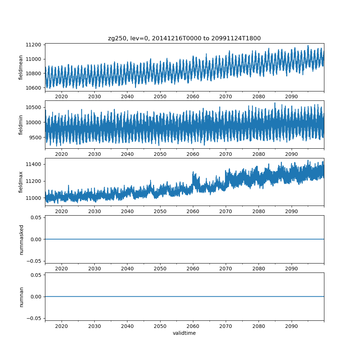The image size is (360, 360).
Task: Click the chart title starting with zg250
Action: click(x=184, y=38)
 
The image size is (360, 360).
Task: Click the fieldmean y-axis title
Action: click(x=21, y=67)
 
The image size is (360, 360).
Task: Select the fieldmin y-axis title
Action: click(x=21, y=125)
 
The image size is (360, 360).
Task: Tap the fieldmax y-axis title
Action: click(x=21, y=182)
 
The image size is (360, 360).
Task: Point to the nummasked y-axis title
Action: click(x=21, y=239)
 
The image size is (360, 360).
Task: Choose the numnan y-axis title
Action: click(x=21, y=297)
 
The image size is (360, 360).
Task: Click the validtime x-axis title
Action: click(x=184, y=333)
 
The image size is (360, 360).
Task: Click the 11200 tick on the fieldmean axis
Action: click(x=35, y=45)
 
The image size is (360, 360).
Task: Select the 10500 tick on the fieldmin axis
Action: click(x=35, y=107)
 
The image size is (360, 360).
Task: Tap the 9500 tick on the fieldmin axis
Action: click(x=36, y=137)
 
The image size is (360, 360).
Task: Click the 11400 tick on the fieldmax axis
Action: click(x=35, y=164)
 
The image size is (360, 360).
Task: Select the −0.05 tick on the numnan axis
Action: click(x=35, y=318)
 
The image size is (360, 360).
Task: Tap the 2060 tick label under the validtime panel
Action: click(x=193, y=327)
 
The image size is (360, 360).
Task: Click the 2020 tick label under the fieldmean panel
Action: click(x=62, y=97)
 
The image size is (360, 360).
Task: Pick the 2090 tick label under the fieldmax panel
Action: click(x=291, y=212)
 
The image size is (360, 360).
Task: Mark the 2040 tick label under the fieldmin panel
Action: click(x=127, y=154)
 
